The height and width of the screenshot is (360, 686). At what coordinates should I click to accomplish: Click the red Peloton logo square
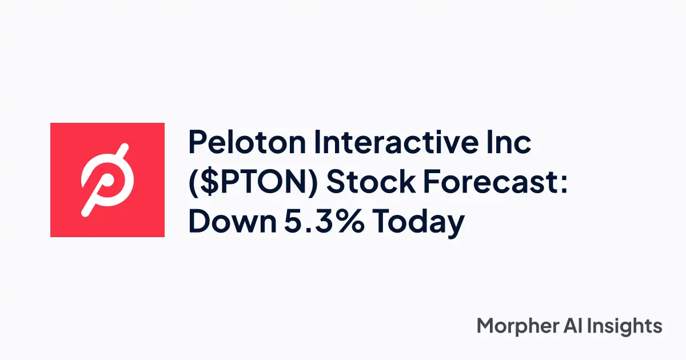point(107,179)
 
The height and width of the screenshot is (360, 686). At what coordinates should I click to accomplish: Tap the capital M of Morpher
point(485,326)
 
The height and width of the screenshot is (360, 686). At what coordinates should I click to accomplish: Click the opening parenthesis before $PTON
point(194,183)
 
